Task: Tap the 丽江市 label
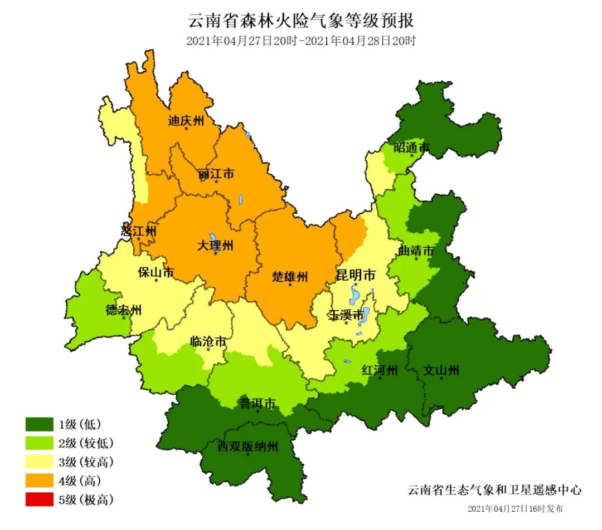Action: click(x=216, y=174)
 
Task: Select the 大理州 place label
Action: click(x=215, y=245)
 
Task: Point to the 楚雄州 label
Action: click(x=290, y=276)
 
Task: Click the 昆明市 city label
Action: click(x=355, y=275)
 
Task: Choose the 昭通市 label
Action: click(x=412, y=148)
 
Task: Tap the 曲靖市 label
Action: click(x=416, y=251)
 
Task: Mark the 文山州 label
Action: click(x=441, y=370)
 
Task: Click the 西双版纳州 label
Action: click(x=247, y=446)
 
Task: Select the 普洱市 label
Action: click(x=258, y=403)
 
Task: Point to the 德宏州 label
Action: click(x=124, y=310)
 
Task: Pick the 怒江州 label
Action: click(x=138, y=230)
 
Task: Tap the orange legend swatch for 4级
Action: click(x=39, y=480)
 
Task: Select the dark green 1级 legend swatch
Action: click(x=39, y=425)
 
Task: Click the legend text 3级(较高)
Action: click(x=86, y=462)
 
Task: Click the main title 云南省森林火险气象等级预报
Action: click(x=301, y=21)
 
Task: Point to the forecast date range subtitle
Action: click(x=301, y=41)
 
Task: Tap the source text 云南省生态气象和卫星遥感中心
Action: click(x=495, y=490)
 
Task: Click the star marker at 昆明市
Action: click(x=355, y=285)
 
